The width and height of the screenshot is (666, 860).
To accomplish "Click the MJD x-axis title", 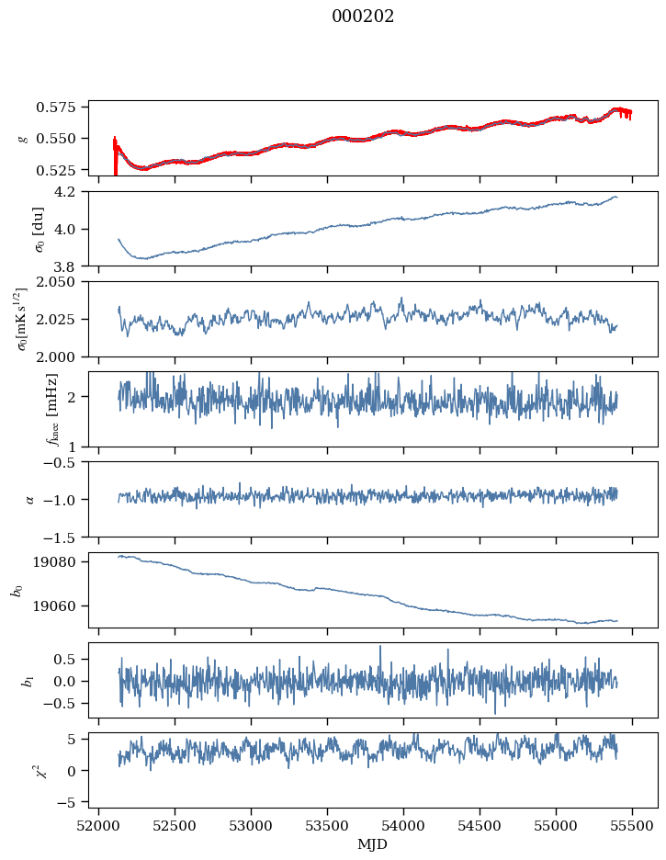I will click(x=373, y=844).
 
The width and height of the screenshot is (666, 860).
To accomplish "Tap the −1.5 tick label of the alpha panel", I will click(x=65, y=537).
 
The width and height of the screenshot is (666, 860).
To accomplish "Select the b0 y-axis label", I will click(x=16, y=590).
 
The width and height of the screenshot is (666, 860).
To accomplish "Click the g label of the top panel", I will click(x=22, y=138).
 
